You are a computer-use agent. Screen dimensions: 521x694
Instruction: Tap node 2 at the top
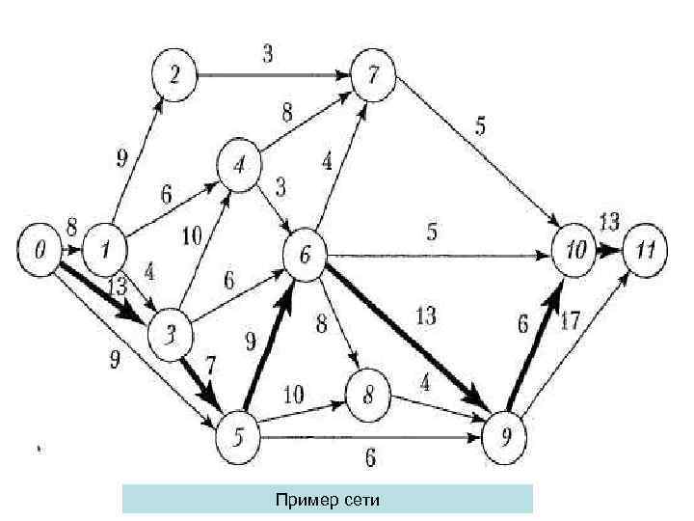pyautogui.click(x=173, y=74)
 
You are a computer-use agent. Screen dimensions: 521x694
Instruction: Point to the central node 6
pyautogui.click(x=306, y=255)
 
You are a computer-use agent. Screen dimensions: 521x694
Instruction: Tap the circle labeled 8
pyautogui.click(x=369, y=395)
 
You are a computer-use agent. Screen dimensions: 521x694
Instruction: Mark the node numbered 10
pyautogui.click(x=574, y=251)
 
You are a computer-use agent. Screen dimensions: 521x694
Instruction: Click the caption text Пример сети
pyautogui.click(x=328, y=499)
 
